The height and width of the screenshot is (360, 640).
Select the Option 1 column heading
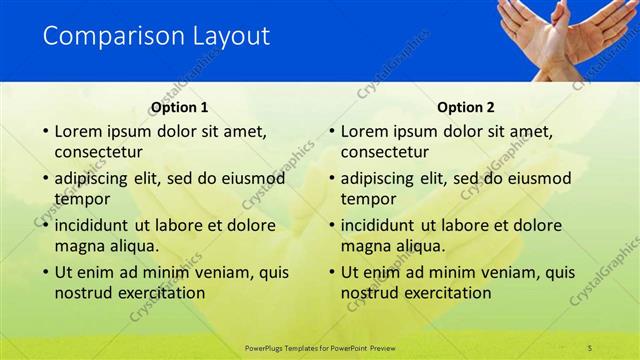[179, 107]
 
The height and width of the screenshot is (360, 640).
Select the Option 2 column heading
[465, 107]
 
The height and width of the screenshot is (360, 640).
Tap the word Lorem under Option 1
[79, 131]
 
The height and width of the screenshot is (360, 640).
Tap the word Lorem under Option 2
[366, 131]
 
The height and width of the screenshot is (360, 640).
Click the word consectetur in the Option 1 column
[98, 152]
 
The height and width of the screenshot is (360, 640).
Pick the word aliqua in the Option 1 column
[129, 245]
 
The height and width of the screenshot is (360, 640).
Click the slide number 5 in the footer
[590, 347]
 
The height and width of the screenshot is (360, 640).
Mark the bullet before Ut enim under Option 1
[44, 272]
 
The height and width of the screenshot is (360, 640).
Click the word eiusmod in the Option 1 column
[251, 178]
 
